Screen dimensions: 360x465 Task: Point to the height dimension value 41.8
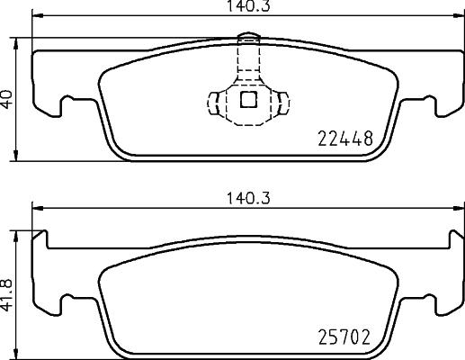click(8, 293)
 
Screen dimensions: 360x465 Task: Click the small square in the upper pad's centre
click(247, 101)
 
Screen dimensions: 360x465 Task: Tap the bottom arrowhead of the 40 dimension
click(21, 157)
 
